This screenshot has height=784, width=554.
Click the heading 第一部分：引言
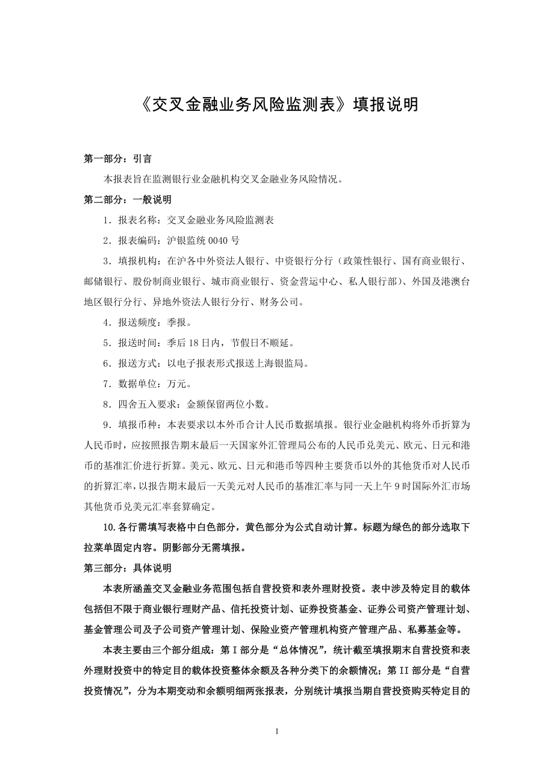click(117, 159)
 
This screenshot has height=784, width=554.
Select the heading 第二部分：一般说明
click(127, 199)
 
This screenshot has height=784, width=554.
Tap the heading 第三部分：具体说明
click(127, 567)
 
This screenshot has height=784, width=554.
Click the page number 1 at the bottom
click(276, 732)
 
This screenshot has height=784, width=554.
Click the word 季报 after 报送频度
click(176, 322)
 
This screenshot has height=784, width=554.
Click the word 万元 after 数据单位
click(176, 384)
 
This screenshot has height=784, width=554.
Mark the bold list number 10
click(109, 527)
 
